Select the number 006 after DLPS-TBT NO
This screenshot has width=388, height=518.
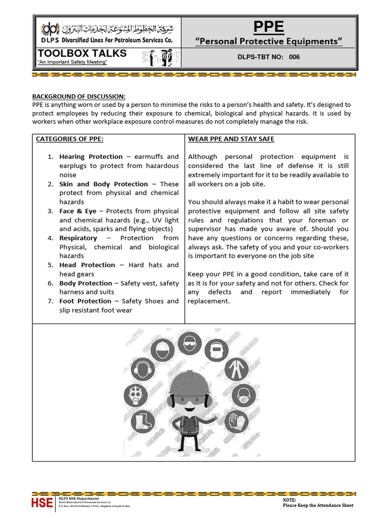[294, 57]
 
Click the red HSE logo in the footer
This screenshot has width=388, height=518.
[42, 502]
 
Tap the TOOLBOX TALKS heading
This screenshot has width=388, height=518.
[82, 54]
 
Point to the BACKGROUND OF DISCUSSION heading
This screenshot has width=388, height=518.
[79, 97]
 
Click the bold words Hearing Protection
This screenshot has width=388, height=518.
[91, 157]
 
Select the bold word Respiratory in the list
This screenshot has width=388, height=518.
[78, 238]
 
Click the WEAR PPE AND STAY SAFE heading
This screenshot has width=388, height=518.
[231, 139]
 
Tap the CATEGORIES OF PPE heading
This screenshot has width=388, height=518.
[70, 139]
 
